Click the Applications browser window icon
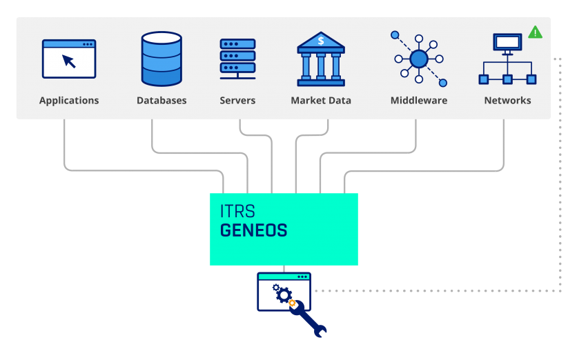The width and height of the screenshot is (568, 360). tap(69, 59)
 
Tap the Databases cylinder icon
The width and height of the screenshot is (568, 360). tap(161, 59)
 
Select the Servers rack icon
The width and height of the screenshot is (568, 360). tap(237, 59)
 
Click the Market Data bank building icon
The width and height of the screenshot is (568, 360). tap(321, 59)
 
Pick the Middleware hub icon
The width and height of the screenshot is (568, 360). tap(419, 59)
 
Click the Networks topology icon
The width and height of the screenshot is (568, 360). tap(507, 59)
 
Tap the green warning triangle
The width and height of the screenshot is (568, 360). tap(535, 32)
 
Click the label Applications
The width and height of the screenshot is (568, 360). tap(69, 101)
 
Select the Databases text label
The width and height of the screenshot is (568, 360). tap(161, 100)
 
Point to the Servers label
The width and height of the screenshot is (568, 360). tap(237, 100)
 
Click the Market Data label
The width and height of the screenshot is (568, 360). tap(321, 100)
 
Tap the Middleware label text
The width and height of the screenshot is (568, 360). tap(419, 100)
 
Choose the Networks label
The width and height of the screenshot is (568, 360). tap(507, 100)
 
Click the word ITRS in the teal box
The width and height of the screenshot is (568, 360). tap(237, 211)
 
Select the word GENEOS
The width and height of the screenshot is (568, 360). tap(253, 230)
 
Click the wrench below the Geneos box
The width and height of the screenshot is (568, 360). tap(308, 319)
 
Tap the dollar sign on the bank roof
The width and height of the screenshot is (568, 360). tap(321, 41)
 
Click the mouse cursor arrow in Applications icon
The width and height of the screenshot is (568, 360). tap(69, 61)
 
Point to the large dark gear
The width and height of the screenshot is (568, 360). tap(284, 295)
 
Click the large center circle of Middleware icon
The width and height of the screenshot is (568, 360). tap(419, 59)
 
